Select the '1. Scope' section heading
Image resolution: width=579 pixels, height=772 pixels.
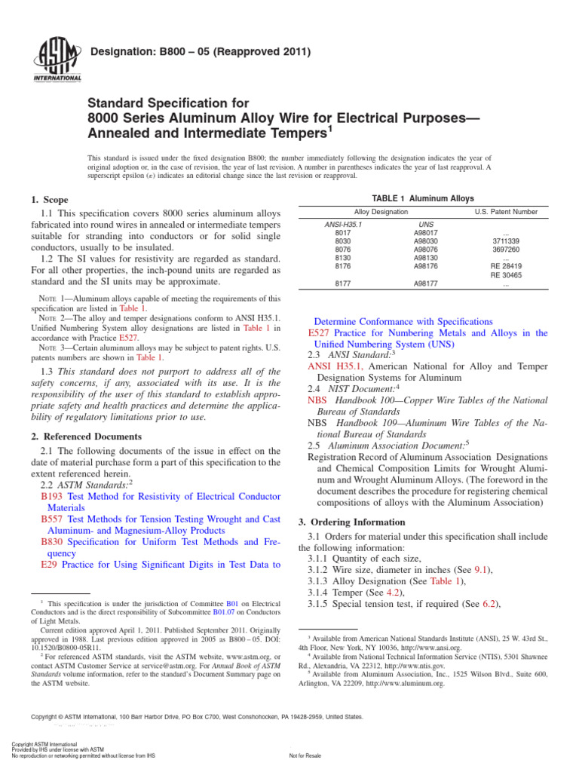coord(50,200)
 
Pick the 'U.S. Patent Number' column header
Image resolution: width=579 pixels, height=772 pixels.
coord(506,213)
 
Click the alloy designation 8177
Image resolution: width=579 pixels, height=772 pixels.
coord(343,284)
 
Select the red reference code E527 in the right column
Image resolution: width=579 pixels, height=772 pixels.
coord(320,332)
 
